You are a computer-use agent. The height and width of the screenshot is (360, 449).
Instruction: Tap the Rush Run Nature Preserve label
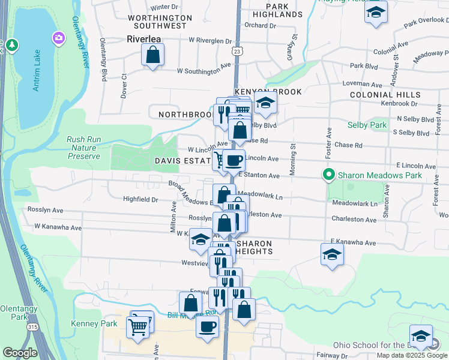[83, 148]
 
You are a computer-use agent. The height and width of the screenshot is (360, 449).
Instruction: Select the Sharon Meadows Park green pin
[328, 175]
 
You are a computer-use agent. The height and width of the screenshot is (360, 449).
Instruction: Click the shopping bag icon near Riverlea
[153, 56]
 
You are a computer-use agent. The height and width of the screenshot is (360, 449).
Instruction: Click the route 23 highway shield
[238, 52]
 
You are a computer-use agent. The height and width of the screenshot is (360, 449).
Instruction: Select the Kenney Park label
[84, 323]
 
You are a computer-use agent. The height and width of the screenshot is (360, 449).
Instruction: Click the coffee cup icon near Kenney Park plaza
[208, 327]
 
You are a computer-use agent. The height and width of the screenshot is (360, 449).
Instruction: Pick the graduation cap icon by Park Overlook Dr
[376, 12]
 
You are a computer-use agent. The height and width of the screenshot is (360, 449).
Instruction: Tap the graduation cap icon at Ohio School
[421, 336]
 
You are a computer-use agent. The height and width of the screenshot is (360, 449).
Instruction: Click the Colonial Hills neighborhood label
[385, 95]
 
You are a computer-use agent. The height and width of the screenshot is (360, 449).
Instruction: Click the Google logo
[20, 353]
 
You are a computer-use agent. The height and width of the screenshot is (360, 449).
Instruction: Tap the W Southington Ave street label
[204, 71]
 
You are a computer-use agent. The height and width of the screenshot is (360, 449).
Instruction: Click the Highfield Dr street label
[140, 199]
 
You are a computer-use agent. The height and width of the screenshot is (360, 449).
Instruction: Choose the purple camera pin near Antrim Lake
[58, 38]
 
